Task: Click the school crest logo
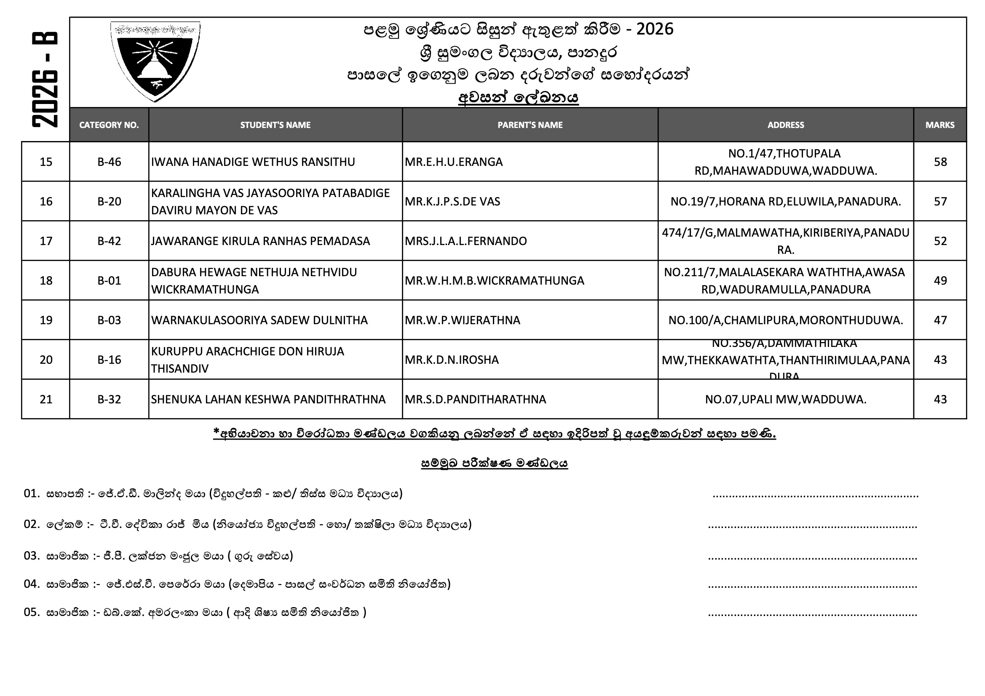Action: [x=155, y=61]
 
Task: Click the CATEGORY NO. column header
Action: [x=109, y=125]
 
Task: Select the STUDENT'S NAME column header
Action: [x=275, y=125]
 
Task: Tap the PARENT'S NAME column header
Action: [x=530, y=125]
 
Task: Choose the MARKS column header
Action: [x=939, y=125]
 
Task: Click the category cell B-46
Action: [x=109, y=162]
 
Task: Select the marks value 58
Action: [x=940, y=162]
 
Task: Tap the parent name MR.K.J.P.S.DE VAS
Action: [x=452, y=202]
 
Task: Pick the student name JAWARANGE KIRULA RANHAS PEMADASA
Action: [x=260, y=241]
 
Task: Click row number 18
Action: [x=46, y=280]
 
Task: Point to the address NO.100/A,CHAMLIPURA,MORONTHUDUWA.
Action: [x=785, y=320]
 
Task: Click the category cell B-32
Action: [x=109, y=399]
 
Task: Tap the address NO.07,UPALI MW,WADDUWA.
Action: [x=785, y=399]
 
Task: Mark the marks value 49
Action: [x=940, y=280]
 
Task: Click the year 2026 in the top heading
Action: [x=655, y=29]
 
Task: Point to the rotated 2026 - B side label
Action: [x=45, y=80]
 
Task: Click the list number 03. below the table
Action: [x=32, y=556]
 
